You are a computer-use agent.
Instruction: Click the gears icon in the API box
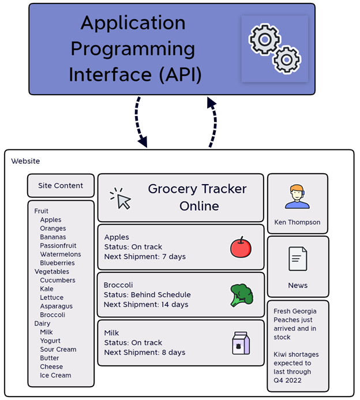[x=275, y=48]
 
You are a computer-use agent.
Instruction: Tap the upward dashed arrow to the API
[x=213, y=121]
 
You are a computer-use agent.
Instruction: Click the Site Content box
[x=61, y=186]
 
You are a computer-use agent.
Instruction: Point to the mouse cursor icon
[x=121, y=198]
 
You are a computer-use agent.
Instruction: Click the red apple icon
[x=241, y=246]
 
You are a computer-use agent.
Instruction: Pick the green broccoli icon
[x=241, y=294]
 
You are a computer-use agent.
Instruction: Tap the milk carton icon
[x=241, y=343]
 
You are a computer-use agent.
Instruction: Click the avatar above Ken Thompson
[x=297, y=197]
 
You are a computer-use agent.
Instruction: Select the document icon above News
[x=298, y=259]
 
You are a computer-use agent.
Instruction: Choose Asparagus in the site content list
[x=57, y=306]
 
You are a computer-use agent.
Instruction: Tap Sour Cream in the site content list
[x=58, y=350]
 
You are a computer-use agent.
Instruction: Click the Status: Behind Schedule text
[x=147, y=295]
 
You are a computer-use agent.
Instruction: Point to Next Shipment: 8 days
[x=145, y=353]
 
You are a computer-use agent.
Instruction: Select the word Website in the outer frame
[x=26, y=161]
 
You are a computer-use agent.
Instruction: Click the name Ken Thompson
[x=298, y=222]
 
